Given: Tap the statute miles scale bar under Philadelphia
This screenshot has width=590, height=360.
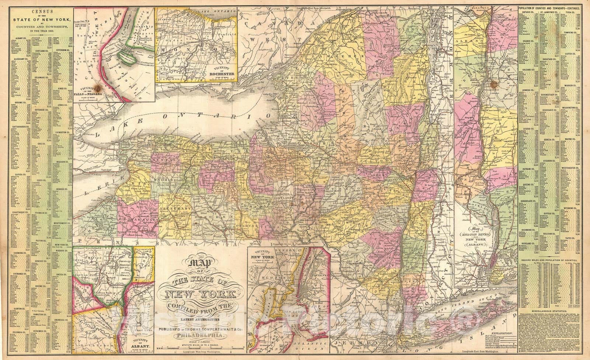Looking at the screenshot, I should coord(199,349).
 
